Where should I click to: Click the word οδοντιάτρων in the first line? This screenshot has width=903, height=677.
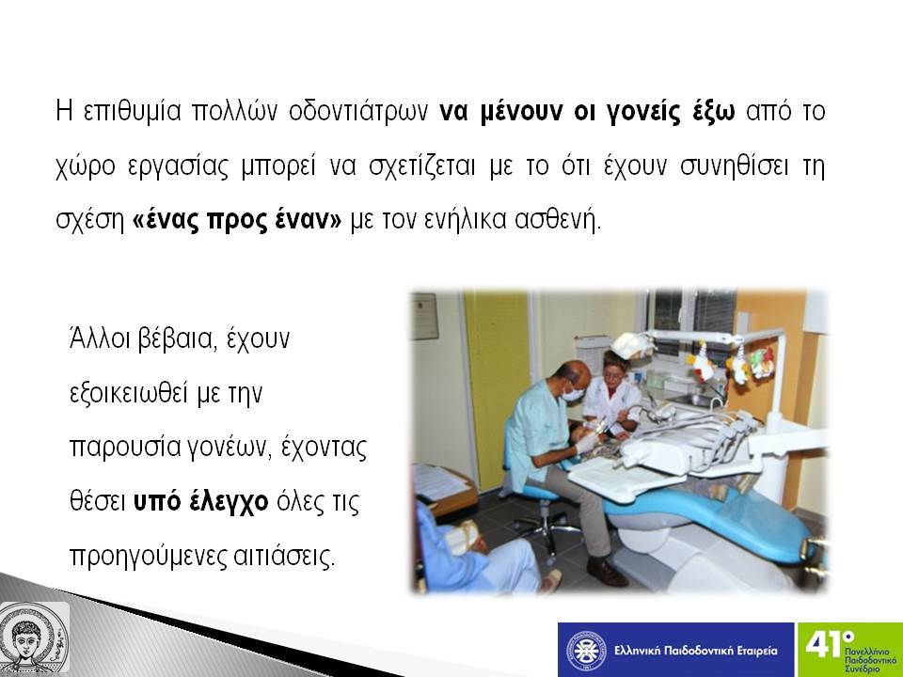pos(358,111)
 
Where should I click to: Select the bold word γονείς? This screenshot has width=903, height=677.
pos(644,112)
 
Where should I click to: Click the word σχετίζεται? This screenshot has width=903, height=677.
pos(422,166)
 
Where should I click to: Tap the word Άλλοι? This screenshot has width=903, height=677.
pos(100,338)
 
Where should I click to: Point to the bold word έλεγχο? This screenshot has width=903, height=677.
pos(229,502)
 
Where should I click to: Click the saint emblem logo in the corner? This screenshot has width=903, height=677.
pos(35,638)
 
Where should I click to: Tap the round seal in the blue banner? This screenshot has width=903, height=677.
pos(586,651)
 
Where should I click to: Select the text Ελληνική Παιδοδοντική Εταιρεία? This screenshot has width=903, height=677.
pos(696,651)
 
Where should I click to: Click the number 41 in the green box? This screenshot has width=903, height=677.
pos(825,643)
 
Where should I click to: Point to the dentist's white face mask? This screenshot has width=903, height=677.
pos(573,394)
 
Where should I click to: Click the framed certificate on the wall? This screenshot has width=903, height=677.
pos(424,316)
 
